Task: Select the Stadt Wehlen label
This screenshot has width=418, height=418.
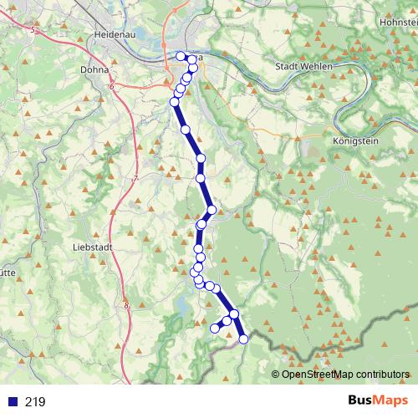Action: [303, 65]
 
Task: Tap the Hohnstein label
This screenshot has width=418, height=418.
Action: [399, 22]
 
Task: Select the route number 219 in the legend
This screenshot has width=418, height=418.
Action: [35, 402]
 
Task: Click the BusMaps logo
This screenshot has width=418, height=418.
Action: [373, 401]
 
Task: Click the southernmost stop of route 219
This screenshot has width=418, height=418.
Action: [244, 339]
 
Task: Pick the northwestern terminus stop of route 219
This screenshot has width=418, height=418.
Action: [181, 56]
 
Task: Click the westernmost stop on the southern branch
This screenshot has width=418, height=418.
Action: [214, 329]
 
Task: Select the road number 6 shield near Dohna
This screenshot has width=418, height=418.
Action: [110, 84]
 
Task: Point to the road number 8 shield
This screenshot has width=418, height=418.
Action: [126, 306]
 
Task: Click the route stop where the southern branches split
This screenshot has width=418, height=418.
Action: [234, 314]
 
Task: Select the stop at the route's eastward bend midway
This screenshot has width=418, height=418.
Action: [212, 210]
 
